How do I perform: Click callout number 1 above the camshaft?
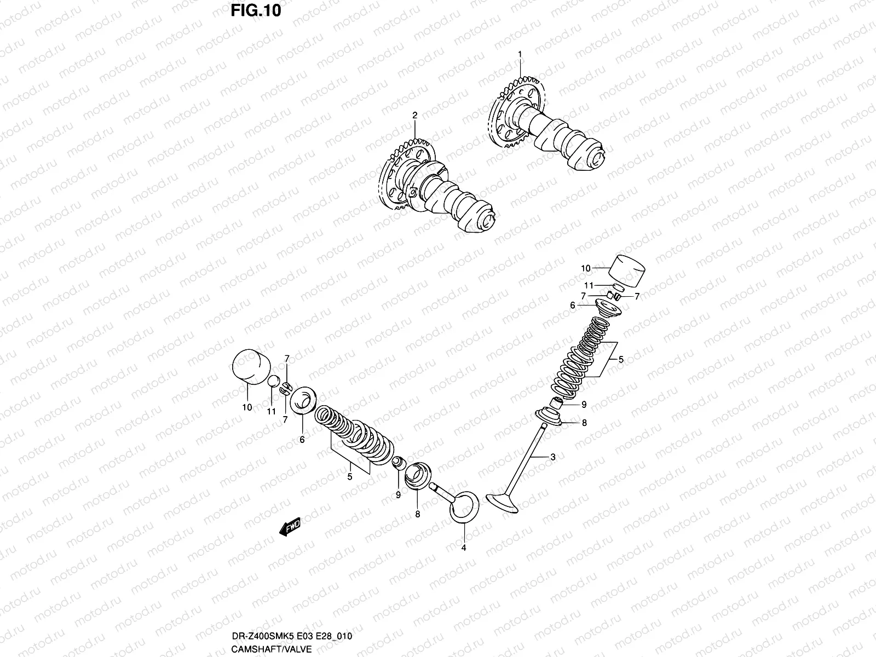pos(520,54)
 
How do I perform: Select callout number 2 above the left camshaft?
pos(414,115)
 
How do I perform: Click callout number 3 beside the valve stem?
pos(553,457)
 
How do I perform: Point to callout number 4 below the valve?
pos(463,547)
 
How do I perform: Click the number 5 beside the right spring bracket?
pos(621,360)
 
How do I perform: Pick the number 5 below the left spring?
pos(349,476)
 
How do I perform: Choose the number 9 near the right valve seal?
pos(584,405)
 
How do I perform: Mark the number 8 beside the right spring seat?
pos(584,423)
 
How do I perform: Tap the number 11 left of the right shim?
pos(589,285)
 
